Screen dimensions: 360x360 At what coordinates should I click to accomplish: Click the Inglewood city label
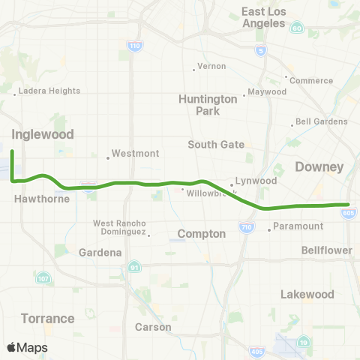pos(43,135)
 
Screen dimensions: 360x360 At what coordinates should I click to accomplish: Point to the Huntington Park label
pos(203,104)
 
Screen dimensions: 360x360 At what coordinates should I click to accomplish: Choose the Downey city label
pos(319,166)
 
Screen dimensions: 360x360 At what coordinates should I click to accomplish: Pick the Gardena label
pos(101,253)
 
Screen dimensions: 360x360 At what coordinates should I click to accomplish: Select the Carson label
pos(152,327)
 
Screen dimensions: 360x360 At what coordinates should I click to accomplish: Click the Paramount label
pos(298,226)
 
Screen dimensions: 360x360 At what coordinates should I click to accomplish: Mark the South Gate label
pos(212,145)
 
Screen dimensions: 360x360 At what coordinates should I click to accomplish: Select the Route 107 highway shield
pos(42,279)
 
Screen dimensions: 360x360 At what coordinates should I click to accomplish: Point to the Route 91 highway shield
pos(134,267)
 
